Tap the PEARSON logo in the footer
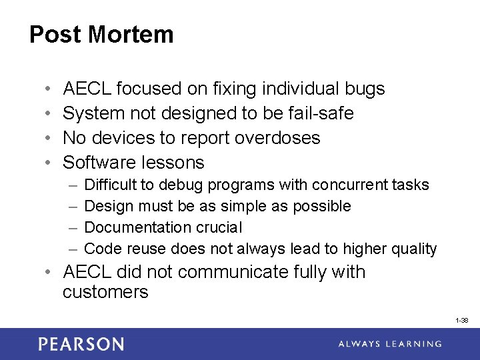click(x=81, y=344)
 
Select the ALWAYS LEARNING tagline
click(x=389, y=344)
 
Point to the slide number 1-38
click(x=461, y=321)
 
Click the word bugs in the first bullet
click(x=365, y=89)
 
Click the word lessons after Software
click(x=174, y=163)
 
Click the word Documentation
click(x=138, y=227)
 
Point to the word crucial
click(x=219, y=227)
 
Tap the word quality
click(x=413, y=249)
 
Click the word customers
click(x=105, y=292)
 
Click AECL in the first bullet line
click(x=87, y=89)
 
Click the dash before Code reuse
click(x=73, y=249)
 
